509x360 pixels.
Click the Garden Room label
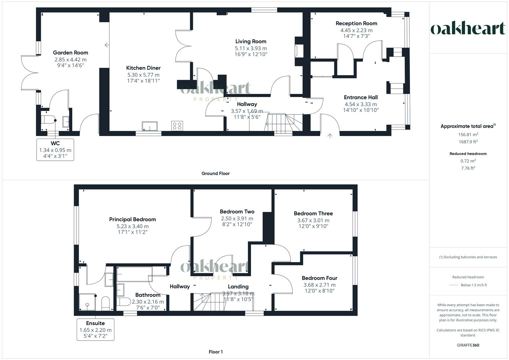tap(70, 52)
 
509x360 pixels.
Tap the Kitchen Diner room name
tap(143, 68)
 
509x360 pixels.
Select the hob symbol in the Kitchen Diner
tap(177, 126)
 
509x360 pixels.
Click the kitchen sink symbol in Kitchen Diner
tap(150, 126)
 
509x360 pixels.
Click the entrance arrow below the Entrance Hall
tap(330, 136)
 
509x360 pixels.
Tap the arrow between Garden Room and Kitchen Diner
tap(107, 45)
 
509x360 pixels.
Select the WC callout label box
tap(55, 150)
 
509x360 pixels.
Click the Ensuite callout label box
tap(95, 329)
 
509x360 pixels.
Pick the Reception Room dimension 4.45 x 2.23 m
tap(356, 30)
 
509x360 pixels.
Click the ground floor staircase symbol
tap(283, 122)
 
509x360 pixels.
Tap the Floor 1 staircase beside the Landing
tap(203, 302)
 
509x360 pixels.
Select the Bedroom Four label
tap(319, 278)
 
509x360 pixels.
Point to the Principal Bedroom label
tap(132, 219)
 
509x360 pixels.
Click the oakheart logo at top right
tap(468, 29)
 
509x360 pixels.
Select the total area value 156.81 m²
tap(468, 135)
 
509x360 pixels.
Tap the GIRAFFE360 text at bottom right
tap(468, 345)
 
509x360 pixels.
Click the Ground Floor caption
tap(215, 173)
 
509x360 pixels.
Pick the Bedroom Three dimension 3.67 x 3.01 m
tap(313, 220)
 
